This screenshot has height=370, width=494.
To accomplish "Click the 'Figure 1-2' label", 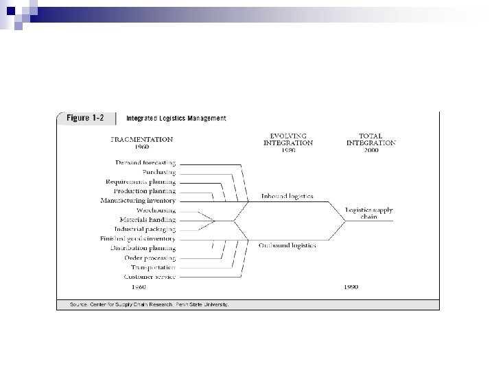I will pos(85,118).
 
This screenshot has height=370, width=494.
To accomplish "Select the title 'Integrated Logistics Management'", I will pos(176,118).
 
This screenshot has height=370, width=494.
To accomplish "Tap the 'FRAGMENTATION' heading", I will pos(142,139).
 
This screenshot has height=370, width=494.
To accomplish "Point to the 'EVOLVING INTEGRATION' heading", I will pos(288,140).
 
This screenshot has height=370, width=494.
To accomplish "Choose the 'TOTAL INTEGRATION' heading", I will pos(370,140).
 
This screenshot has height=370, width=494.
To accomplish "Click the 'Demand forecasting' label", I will pos(145,163).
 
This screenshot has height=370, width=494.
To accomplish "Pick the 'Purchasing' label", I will pos(158,172).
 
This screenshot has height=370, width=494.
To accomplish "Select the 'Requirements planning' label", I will pos(141,182).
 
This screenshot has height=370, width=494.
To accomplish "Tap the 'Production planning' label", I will pos(144,191).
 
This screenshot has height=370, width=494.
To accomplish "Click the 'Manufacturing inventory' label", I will pos(138,201).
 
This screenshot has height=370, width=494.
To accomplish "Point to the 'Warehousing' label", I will pos(156,210).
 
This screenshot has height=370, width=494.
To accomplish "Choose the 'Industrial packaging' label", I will pos(145,229).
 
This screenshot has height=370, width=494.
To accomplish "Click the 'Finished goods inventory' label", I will pos(137,238).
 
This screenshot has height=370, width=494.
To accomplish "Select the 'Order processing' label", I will pos(150,258).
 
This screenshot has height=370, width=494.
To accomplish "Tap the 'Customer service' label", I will pos(149,277).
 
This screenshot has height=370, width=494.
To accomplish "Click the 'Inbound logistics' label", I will pos(287,197).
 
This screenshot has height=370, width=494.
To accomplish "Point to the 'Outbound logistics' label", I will pos(287,245).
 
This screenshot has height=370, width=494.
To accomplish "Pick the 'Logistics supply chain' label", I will pos(368,214).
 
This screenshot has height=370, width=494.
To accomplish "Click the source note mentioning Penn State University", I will pos(150,304).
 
